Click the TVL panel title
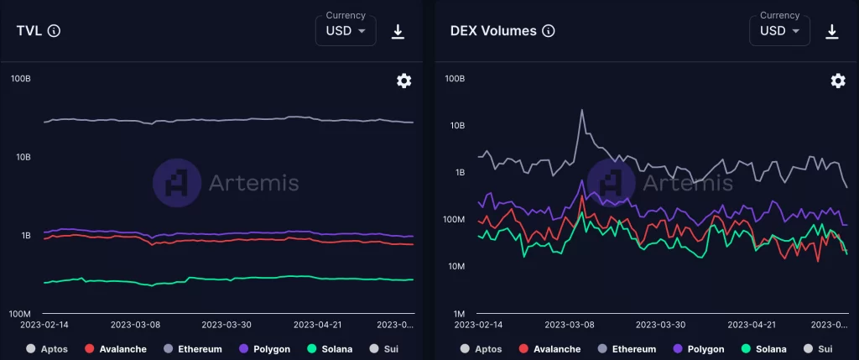coord(30,31)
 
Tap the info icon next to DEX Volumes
coord(549,31)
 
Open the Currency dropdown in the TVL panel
coord(346,30)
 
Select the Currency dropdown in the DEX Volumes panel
coord(779,30)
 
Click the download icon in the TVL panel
coord(398,31)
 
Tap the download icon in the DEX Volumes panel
coord(832,31)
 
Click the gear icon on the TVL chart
coord(403,81)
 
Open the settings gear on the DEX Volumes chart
coord(837,81)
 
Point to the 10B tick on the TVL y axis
coord(21,157)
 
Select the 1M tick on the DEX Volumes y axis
coord(455,313)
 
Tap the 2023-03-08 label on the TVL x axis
coord(135,324)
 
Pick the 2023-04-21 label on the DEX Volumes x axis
coord(751,324)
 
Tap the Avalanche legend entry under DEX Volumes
coord(551,348)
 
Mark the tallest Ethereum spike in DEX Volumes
coord(581,110)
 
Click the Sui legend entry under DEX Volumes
coord(818,348)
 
